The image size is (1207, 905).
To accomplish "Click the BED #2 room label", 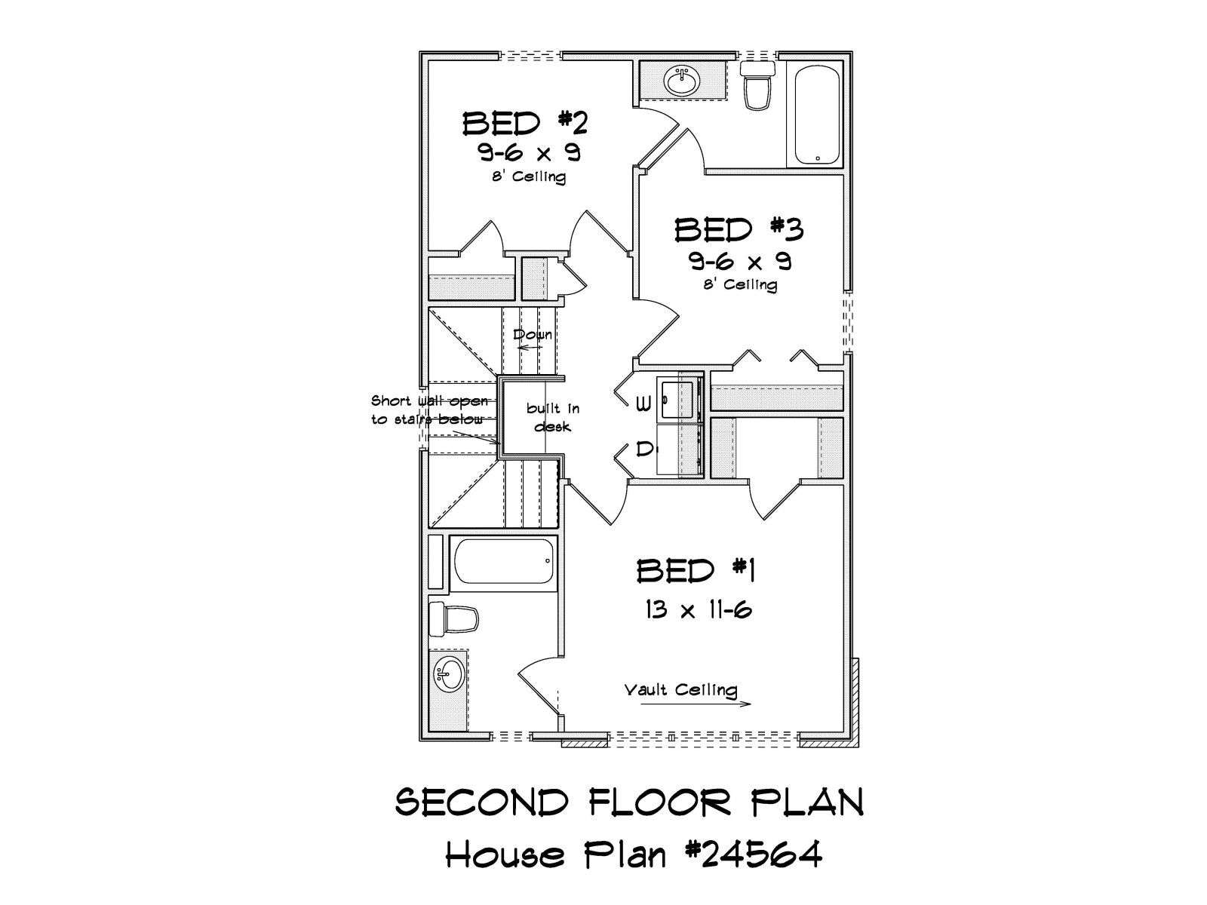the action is coord(525,123).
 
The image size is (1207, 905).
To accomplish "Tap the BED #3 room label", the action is coord(739,230).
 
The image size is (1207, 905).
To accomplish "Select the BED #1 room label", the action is coord(696,571).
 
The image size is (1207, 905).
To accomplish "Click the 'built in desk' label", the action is coord(552,417).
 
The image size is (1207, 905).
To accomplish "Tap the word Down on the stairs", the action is coord(532,334).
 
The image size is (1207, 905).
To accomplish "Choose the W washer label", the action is coord(643,404).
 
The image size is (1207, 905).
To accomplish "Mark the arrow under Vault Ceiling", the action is coord(696,704).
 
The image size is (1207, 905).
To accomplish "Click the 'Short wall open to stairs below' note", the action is coord(429,410).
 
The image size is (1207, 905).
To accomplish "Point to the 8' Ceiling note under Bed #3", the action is coord(739,284).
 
